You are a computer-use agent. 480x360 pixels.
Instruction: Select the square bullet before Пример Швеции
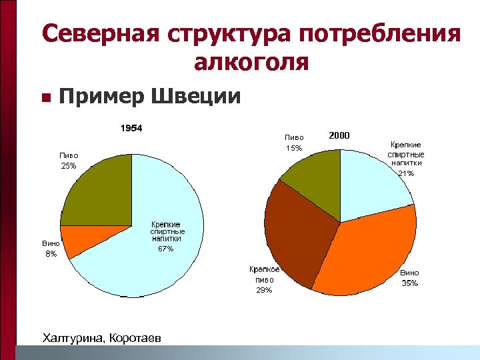(45, 98)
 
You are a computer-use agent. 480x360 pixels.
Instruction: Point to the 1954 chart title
(131, 128)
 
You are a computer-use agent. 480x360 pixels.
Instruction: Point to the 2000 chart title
(339, 135)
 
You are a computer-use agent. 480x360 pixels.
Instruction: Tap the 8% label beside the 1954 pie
(51, 254)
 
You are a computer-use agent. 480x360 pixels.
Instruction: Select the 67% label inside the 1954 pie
(165, 249)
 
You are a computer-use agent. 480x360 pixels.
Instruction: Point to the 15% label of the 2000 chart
(294, 148)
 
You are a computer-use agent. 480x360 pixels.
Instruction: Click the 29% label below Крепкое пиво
(264, 290)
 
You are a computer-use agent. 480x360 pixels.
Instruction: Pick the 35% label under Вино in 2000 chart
(410, 283)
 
